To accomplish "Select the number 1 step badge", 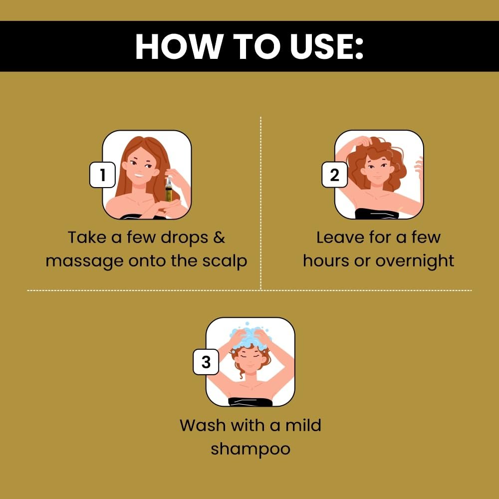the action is pos(102,175).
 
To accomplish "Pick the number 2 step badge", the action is pos(334,175).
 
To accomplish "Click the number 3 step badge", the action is pos(206,362).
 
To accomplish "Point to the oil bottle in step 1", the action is pos(168,190).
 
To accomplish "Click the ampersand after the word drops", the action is pos(219,238).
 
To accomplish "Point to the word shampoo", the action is pos(250,450).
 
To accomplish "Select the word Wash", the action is pos(203,425).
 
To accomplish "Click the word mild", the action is pos(303,425).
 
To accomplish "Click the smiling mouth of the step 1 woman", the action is pos(139,175).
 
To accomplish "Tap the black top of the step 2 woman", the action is pos(377,214).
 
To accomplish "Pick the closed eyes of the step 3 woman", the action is pos(250,356).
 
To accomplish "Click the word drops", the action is pos(184,238).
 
